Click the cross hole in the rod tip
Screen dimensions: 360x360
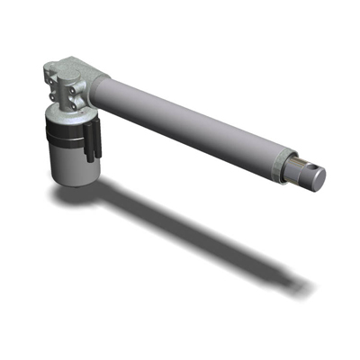tap(307, 169)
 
